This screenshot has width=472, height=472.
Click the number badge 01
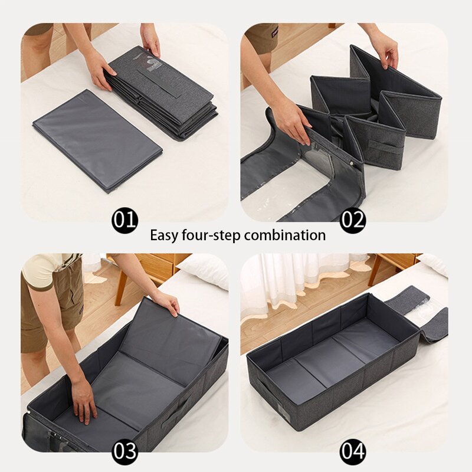(x=124, y=221)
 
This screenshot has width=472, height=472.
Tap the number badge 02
(x=353, y=221)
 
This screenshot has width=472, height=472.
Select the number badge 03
(x=124, y=452)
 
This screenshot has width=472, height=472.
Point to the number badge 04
(x=353, y=452)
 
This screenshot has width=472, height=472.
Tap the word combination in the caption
(x=285, y=235)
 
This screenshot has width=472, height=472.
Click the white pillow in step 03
(x=204, y=270)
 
